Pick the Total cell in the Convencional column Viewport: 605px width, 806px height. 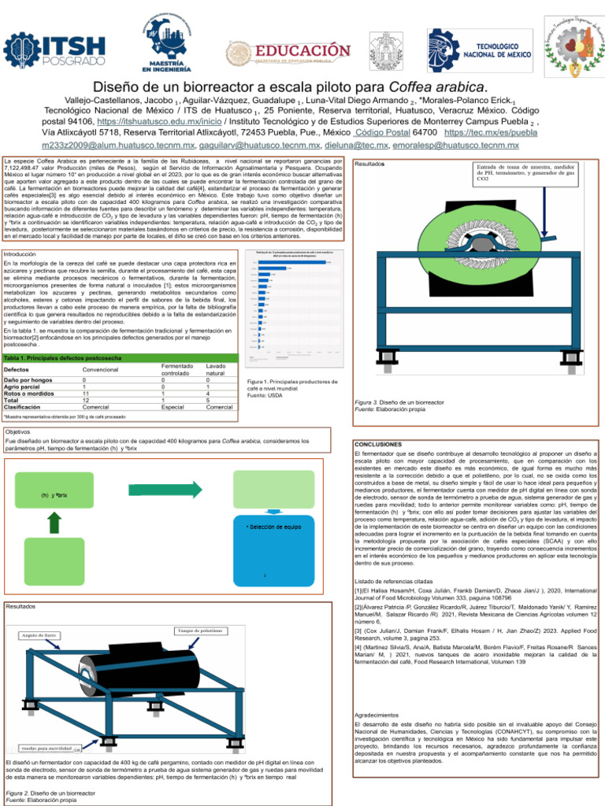(84, 400)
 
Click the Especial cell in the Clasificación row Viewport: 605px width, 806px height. (173, 407)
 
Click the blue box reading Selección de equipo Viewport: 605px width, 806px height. (273, 526)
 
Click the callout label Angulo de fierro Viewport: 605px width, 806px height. (40, 634)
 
